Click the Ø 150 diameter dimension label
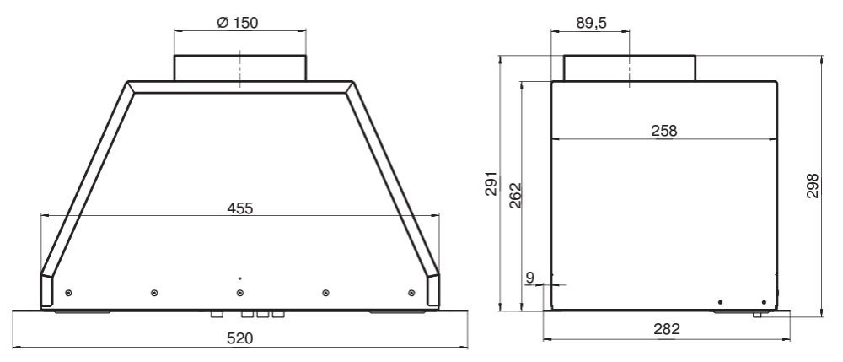[237, 23]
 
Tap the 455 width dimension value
[239, 208]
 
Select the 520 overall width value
[239, 338]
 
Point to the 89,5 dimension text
[591, 23]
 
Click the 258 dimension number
[664, 131]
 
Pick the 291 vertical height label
[491, 183]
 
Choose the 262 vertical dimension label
[515, 195]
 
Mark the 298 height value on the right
[813, 186]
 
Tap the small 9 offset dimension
[529, 278]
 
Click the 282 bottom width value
[667, 329]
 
